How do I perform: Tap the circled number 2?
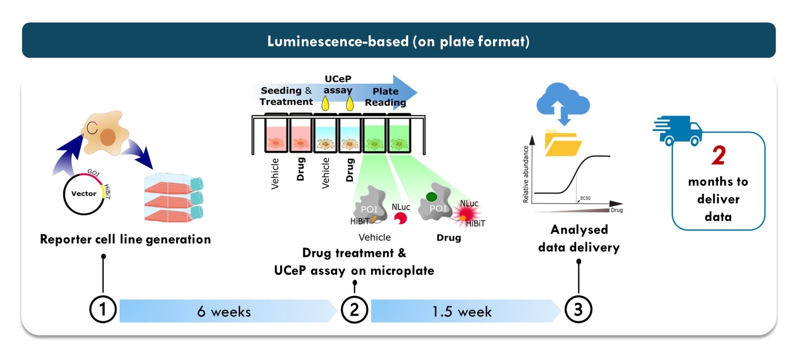coord(354,310)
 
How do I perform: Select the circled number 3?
coord(578,310)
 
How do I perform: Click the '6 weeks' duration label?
coord(224,311)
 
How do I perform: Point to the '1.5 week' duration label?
coord(462,311)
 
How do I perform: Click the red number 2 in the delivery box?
coord(718,156)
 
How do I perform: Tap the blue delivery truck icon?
coord(678,131)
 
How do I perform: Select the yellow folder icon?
coord(563,143)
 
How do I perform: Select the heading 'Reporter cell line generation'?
coord(125,239)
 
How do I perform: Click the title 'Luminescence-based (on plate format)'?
coord(398,41)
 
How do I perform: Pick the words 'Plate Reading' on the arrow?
coord(385,97)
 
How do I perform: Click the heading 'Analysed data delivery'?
coord(579,238)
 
